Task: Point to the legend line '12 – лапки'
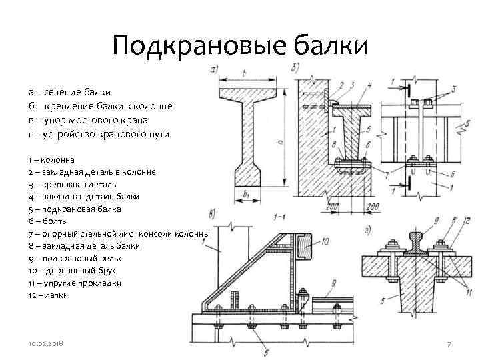tap(48, 294)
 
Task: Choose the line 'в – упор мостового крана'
tap(88, 120)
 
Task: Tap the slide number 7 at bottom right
tap(449, 344)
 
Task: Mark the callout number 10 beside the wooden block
tap(325, 242)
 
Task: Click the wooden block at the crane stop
tap(305, 247)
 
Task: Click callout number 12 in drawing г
tap(467, 221)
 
